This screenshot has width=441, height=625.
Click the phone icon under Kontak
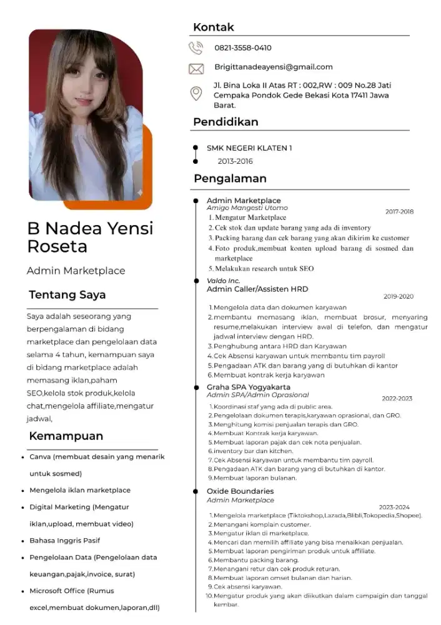point(196,47)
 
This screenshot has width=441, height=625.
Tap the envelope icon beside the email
point(196,68)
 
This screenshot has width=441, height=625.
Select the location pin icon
point(196,94)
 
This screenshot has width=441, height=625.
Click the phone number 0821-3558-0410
point(243,48)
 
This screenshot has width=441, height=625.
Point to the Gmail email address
point(274,67)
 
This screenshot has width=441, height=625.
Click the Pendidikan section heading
point(225,122)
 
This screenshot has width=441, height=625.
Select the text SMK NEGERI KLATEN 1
point(249,148)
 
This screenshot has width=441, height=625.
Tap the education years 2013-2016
point(235,161)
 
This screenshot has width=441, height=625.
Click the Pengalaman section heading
point(230,179)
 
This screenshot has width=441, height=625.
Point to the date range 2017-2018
point(400,212)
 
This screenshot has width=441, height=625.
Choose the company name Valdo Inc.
point(223,281)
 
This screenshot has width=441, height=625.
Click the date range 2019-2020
point(399,296)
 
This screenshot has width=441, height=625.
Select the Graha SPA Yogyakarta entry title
point(240,387)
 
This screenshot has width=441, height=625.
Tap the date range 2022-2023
point(397,398)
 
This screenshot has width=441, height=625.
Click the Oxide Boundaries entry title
point(240,491)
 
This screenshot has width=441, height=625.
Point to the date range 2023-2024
point(394,507)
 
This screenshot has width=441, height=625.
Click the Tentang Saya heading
point(67,295)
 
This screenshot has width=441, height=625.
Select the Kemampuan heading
point(67,436)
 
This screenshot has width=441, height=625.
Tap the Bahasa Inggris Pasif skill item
point(65,541)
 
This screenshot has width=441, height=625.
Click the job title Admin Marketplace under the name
point(76,271)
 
